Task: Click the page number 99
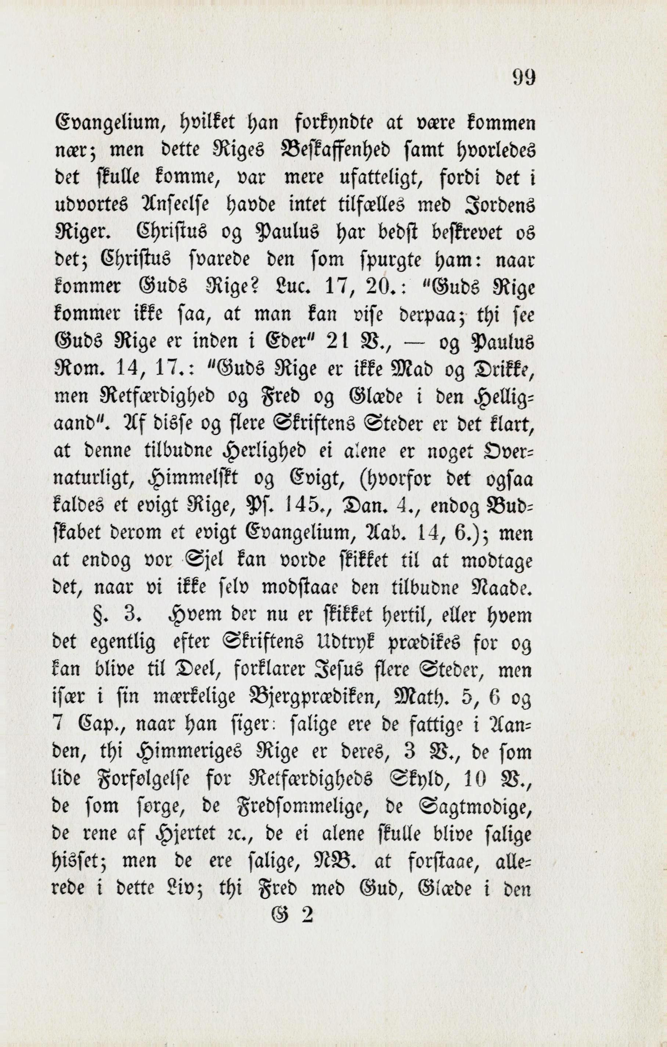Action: coord(524,78)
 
